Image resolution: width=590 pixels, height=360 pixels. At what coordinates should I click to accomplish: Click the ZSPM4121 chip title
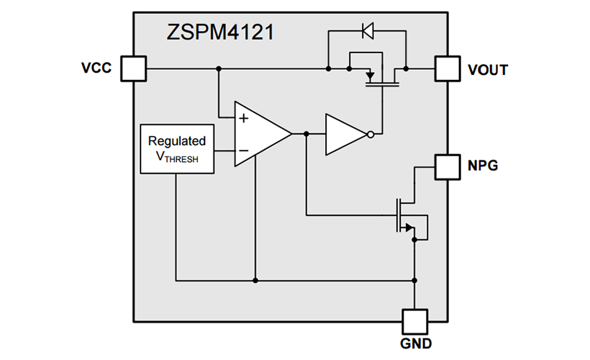pos(220,32)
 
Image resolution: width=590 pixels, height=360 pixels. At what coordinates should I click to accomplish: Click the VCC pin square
pos(133,68)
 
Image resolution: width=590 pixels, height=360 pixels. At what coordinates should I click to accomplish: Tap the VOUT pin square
pos(448,69)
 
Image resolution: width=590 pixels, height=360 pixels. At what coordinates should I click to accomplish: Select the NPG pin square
pos(448,166)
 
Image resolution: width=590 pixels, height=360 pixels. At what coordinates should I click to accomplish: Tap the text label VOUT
pos(488,70)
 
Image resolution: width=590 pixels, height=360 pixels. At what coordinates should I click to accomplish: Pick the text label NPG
pos(483,166)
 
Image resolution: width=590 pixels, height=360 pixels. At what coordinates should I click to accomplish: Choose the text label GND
pos(415,343)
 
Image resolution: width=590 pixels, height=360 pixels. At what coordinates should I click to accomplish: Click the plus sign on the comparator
pos(244,118)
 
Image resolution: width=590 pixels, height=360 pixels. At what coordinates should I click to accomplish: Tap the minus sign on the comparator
pos(244,150)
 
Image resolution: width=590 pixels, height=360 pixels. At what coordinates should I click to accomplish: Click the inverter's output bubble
pos(371,134)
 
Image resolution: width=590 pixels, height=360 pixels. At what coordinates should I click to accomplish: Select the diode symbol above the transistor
pos(367,31)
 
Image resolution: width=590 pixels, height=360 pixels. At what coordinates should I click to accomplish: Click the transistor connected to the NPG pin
pos(404,216)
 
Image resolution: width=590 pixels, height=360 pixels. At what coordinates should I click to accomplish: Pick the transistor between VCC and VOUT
pos(380,76)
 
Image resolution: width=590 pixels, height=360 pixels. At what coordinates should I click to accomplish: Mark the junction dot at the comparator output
pos(307,134)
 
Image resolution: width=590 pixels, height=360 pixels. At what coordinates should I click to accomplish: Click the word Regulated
pos(177,141)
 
